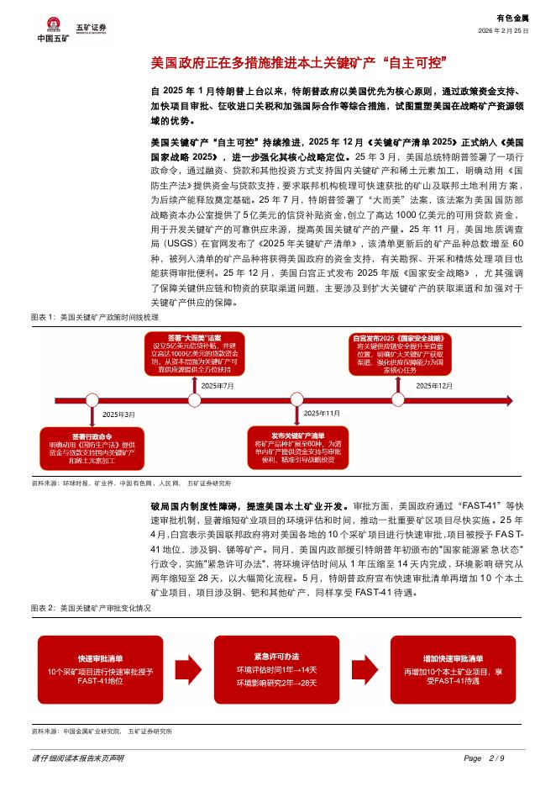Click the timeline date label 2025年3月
[x=118, y=415]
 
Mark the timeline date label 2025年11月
[x=322, y=413]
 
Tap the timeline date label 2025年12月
[x=434, y=384]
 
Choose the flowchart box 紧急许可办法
[x=277, y=668]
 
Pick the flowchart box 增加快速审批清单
[x=453, y=668]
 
